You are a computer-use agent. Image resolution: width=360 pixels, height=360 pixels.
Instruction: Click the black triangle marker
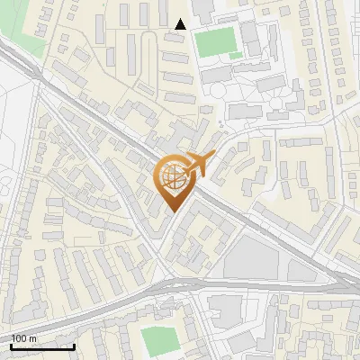[x=181, y=24]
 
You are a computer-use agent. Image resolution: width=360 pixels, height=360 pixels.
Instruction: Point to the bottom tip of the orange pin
[x=173, y=212]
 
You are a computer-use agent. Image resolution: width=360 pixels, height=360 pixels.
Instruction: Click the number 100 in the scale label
[x=19, y=338]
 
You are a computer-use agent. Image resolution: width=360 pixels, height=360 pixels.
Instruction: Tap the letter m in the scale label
[x=33, y=338]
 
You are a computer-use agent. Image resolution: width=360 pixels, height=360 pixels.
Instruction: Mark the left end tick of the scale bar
[x=10, y=346]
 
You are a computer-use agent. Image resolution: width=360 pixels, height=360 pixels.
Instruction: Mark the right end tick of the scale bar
[x=74, y=346]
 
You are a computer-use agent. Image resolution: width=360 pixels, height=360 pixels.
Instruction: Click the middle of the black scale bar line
[x=41, y=346]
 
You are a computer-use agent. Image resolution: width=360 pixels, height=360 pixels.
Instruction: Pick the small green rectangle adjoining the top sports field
[x=235, y=56]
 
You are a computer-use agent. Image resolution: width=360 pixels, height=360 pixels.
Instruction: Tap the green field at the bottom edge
[x=160, y=340]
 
